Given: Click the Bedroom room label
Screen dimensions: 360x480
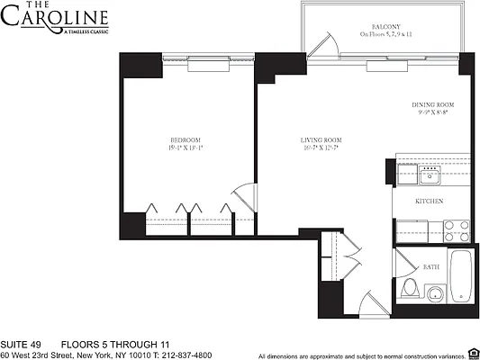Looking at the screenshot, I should click(x=186, y=139).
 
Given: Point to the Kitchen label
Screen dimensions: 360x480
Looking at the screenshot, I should click(x=428, y=202).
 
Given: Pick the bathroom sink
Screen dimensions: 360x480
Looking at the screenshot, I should click(x=435, y=293).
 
